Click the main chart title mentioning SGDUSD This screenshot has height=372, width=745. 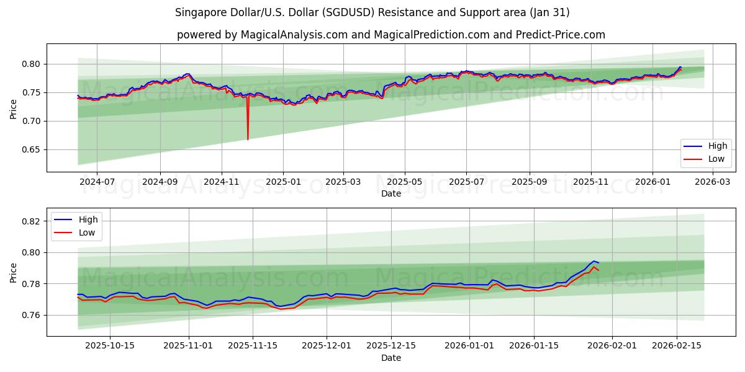tap(372, 12)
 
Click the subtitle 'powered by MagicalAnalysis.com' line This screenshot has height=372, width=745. tap(391, 35)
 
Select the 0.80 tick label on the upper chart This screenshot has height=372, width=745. tap(31, 64)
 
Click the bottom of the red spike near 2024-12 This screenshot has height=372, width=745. tap(248, 139)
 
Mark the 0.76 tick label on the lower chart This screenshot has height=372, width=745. tap(31, 316)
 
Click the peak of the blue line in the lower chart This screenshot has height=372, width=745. tap(594, 261)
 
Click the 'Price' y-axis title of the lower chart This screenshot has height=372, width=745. tap(14, 272)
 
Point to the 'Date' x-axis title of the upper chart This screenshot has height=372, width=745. tap(391, 193)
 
